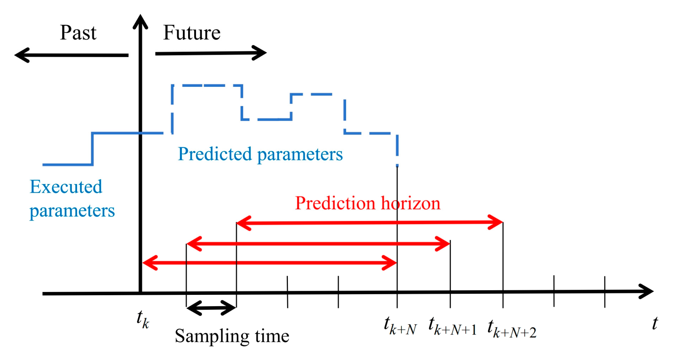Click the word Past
click(x=78, y=33)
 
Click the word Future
click(x=192, y=33)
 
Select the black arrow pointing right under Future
click(x=211, y=53)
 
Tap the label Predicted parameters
click(x=260, y=154)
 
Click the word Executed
click(x=66, y=187)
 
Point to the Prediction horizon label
click(x=367, y=203)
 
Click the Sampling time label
click(x=232, y=336)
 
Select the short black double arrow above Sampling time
click(x=211, y=308)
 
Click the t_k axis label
click(x=143, y=319)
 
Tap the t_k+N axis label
click(x=400, y=326)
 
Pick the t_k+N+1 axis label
click(x=452, y=327)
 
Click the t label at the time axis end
click(x=655, y=323)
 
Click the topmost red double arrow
click(x=369, y=223)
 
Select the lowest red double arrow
click(x=269, y=262)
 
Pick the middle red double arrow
click(x=318, y=244)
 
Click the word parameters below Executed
click(x=72, y=211)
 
